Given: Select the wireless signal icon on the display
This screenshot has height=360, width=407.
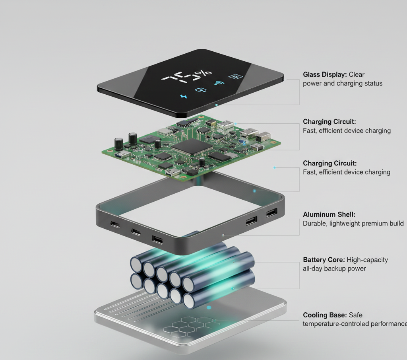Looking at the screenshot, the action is (219, 83).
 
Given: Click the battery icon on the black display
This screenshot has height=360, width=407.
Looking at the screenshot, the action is (235, 77).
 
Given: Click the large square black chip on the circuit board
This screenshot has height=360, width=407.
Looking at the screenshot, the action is (192, 147).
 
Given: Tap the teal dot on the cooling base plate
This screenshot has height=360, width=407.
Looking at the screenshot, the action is (209, 308).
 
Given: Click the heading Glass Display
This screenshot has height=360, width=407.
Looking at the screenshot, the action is (325, 74).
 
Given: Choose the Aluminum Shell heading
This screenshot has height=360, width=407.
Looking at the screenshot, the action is (329, 214).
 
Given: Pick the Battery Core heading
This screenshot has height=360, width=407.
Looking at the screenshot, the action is (324, 260).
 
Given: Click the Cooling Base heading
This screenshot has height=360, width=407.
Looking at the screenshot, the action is (325, 315).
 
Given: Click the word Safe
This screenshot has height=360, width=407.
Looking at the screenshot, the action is (356, 315).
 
